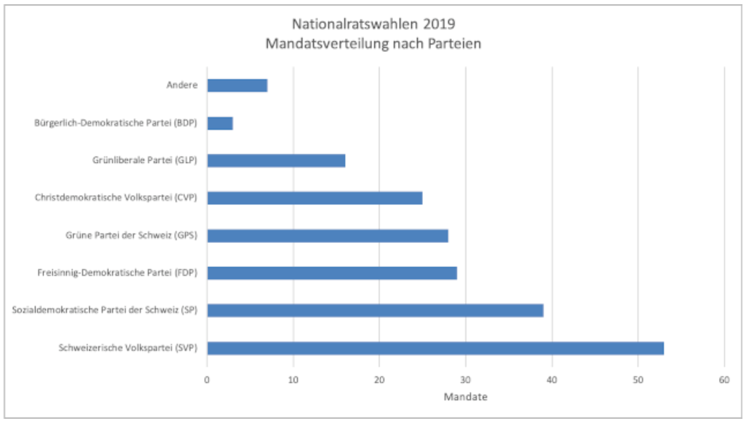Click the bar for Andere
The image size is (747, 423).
click(237, 86)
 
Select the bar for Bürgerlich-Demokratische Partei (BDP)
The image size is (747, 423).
click(220, 123)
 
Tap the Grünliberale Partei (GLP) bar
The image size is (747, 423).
click(276, 161)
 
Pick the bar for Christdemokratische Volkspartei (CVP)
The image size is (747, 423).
click(315, 198)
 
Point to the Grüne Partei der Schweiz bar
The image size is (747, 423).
click(327, 236)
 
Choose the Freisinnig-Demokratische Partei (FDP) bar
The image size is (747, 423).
click(332, 273)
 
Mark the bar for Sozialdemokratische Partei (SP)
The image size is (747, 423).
click(375, 311)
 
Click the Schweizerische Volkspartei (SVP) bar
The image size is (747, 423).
click(435, 348)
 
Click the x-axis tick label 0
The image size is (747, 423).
click(207, 380)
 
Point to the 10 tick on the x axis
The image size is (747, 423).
click(293, 380)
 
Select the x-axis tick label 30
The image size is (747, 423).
click(465, 380)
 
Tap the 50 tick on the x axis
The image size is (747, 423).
click(638, 380)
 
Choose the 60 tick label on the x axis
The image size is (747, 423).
click(724, 380)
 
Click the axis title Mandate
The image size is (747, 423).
click(465, 397)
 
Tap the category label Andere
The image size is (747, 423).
click(182, 85)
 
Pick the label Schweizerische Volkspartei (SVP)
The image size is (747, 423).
click(128, 348)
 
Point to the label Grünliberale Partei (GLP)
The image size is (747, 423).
click(145, 160)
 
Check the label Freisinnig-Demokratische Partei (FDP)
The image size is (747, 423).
click(117, 273)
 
